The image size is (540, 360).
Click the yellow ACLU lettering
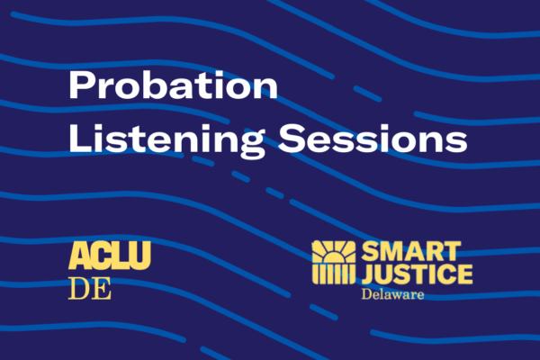click(110, 256)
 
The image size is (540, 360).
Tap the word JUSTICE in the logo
click(415, 274)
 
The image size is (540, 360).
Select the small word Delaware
click(393, 294)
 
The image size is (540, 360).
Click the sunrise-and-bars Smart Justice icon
click(334, 264)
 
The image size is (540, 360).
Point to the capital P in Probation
click(82, 88)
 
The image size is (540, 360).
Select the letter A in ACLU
click(79, 256)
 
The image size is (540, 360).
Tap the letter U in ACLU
click(139, 256)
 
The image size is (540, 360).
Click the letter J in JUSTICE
click(365, 274)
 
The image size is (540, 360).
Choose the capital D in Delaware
click(366, 294)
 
